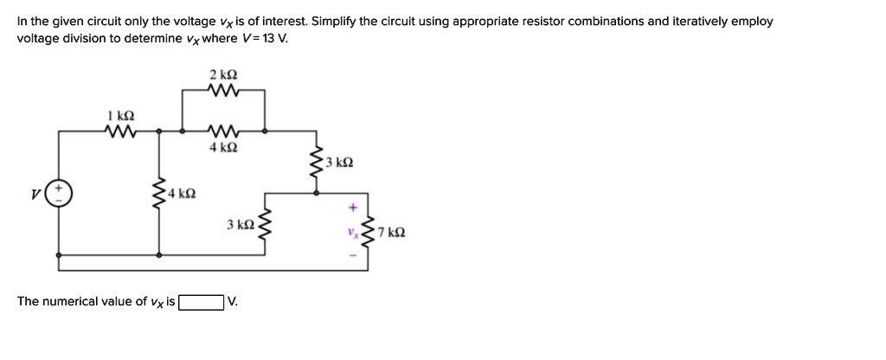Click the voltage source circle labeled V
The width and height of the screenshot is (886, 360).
(59, 191)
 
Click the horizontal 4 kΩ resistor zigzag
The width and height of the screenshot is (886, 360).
(223, 132)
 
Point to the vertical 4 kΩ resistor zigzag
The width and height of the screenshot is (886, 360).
(159, 193)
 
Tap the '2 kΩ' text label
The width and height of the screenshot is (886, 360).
(222, 74)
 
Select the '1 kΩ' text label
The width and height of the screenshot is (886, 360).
(120, 116)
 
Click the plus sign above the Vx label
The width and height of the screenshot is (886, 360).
(353, 208)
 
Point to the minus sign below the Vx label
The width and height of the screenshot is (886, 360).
(353, 254)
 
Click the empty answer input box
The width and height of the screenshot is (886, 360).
(200, 302)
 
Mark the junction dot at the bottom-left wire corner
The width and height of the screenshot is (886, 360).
(59, 256)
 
